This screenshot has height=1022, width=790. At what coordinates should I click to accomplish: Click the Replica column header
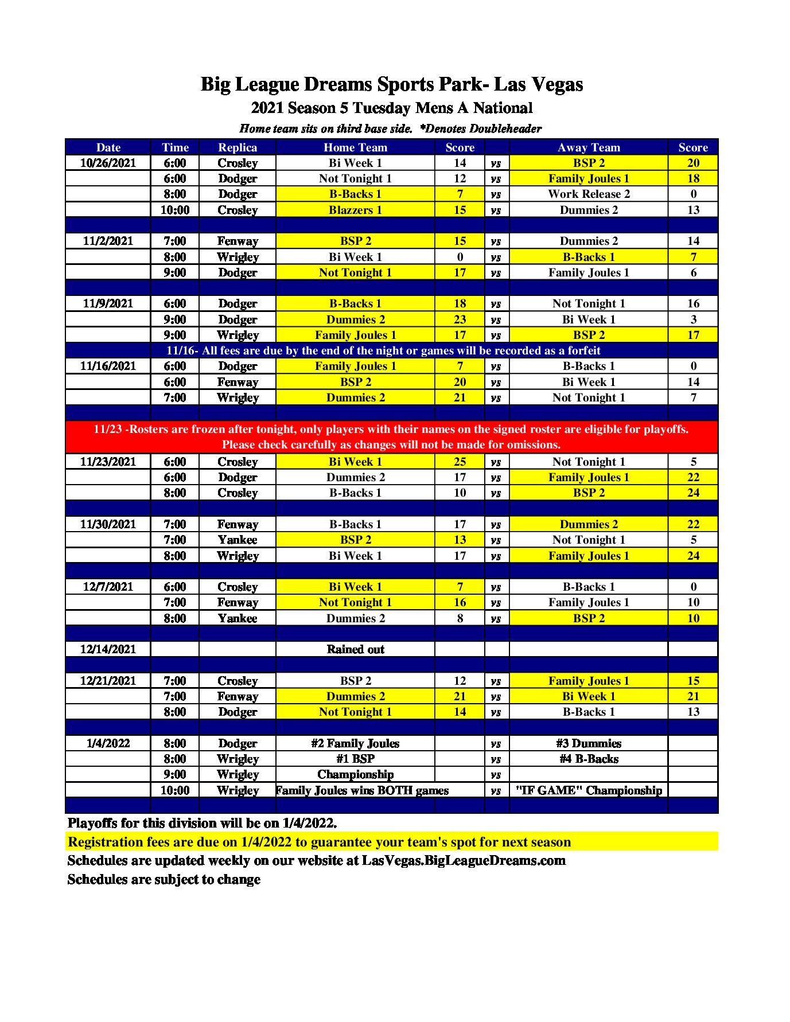pos(238,147)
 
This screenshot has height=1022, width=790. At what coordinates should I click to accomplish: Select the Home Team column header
pos(355,147)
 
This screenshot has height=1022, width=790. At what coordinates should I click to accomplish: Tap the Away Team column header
pos(589,147)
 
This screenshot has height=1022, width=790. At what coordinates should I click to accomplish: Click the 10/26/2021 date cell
pos(108,163)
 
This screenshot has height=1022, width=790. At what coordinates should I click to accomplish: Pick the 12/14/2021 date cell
pos(108,649)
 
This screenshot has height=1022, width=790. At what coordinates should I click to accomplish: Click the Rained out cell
pos(355,649)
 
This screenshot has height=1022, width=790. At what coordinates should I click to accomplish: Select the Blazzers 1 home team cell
pos(355,210)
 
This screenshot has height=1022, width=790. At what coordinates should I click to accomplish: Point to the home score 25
pos(460,462)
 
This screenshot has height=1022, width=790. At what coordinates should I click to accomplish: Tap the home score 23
pos(460,319)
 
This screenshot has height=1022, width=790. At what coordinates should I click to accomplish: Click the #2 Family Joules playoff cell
pos(355,743)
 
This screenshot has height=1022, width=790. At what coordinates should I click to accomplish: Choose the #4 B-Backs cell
pos(589,759)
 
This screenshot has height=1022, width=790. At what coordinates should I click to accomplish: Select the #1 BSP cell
pos(355,759)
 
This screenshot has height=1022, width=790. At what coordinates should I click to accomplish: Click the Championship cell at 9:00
pos(355,774)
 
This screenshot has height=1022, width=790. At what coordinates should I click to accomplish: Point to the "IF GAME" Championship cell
pos(589,790)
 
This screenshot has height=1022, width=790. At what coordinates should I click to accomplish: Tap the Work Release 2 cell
pos(589,194)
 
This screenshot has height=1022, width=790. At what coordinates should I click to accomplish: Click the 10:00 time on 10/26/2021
pos(175,210)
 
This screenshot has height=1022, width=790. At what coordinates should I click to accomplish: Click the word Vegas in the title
pos(555,84)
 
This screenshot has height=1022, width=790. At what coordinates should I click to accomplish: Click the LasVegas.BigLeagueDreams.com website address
pos(464,860)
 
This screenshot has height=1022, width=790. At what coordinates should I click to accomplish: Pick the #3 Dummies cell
pos(589,743)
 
